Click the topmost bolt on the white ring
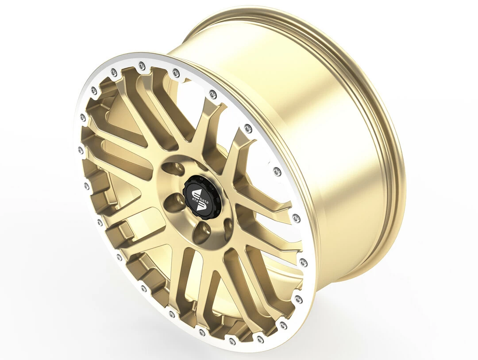(141, 65)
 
